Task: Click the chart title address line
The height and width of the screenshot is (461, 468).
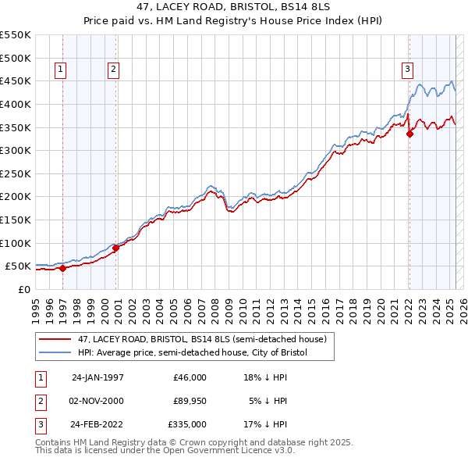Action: click(x=233, y=6)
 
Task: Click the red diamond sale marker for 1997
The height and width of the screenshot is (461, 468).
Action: click(x=63, y=268)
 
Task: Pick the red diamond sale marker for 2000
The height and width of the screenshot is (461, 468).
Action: click(x=115, y=248)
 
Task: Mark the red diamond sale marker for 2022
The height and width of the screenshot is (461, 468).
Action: click(x=409, y=134)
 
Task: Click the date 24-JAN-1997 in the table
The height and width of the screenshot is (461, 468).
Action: click(x=97, y=377)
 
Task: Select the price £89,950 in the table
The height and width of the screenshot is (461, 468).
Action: click(x=190, y=401)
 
